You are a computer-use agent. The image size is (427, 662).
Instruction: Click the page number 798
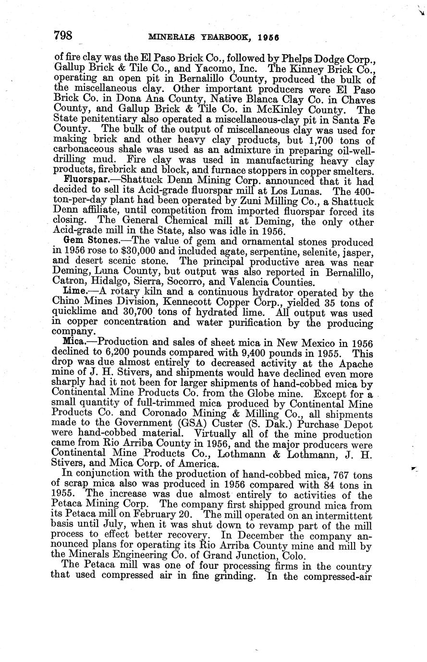point(63,35)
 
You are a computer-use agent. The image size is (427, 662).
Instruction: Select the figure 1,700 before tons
point(319,140)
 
